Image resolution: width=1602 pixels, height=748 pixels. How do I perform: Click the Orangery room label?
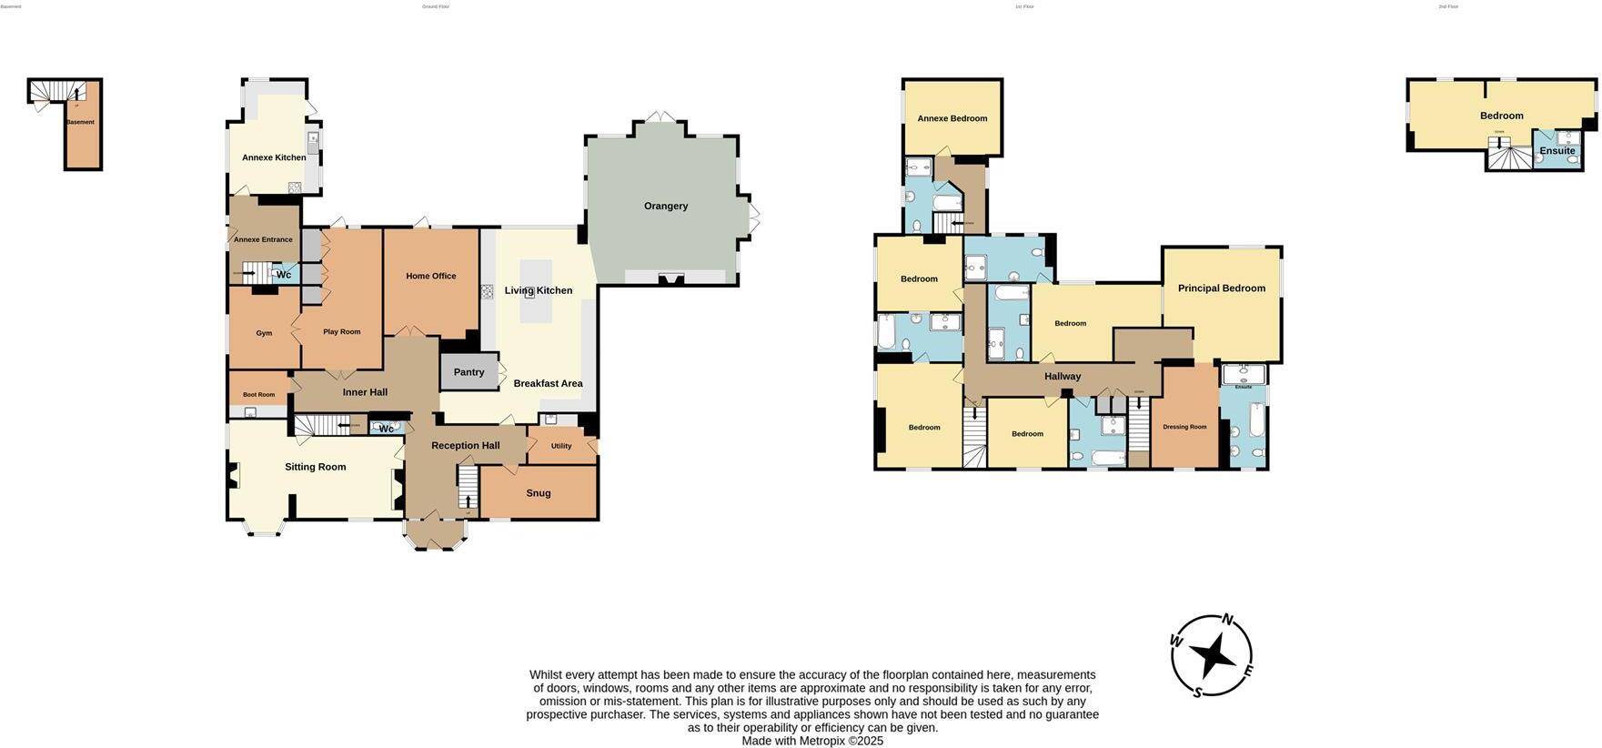tap(665, 206)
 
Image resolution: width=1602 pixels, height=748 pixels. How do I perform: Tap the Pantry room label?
tap(469, 372)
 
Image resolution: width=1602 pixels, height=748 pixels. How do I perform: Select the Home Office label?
tap(430, 276)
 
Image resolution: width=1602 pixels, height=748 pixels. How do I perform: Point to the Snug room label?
tap(538, 493)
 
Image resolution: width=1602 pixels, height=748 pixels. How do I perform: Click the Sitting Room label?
tap(315, 467)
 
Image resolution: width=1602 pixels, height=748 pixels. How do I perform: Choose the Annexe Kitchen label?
tap(273, 157)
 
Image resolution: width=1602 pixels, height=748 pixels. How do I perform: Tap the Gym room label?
tap(264, 333)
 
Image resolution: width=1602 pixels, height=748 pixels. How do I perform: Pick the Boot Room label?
tap(258, 395)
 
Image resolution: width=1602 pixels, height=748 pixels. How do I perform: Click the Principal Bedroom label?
tap(1221, 288)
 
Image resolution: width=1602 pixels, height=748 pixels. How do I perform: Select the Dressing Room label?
tap(1184, 427)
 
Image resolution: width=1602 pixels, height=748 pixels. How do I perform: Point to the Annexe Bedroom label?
tap(952, 118)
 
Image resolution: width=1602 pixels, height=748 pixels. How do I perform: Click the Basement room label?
tap(80, 122)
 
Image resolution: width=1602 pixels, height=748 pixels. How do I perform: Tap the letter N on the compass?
tap(1226, 620)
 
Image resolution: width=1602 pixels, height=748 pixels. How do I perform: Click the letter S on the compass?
tap(1197, 692)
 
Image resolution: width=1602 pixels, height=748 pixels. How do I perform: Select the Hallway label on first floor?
tap(1062, 377)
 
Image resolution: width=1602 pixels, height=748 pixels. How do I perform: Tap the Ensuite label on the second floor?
tap(1557, 151)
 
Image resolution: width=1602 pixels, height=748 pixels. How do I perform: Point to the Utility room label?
tap(560, 446)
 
